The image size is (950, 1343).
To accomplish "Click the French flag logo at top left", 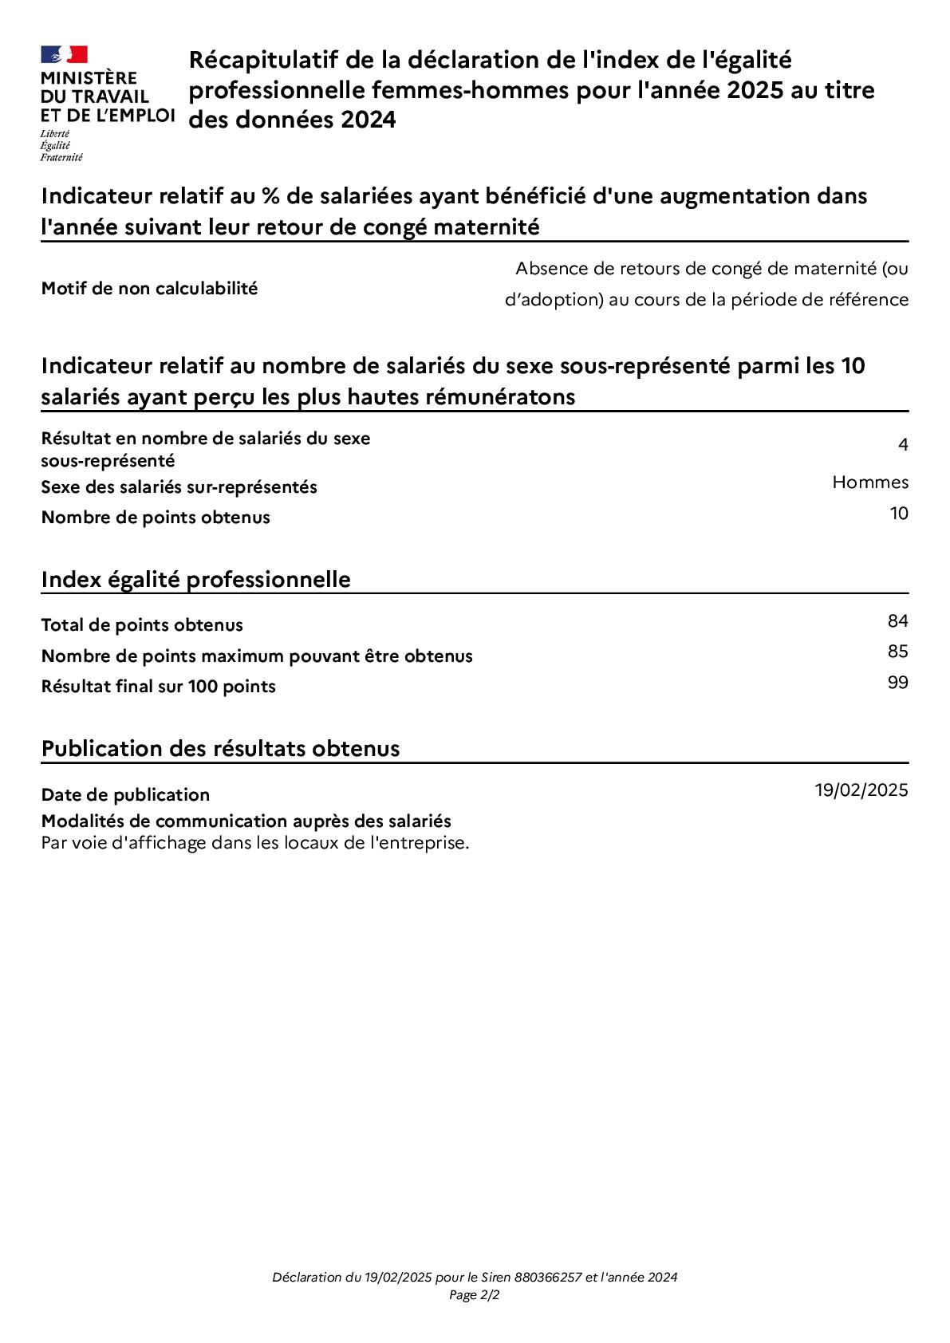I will [64, 54].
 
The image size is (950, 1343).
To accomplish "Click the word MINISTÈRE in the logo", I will [89, 78].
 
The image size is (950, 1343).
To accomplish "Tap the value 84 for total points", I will [897, 621].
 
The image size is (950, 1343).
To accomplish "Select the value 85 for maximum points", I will [897, 652].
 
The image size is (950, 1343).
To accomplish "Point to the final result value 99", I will [897, 683].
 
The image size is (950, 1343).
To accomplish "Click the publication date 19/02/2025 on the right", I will [861, 790].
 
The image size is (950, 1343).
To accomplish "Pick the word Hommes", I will [869, 482].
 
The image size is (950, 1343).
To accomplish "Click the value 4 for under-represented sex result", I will [903, 445].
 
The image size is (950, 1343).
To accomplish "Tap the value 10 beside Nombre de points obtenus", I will [899, 514].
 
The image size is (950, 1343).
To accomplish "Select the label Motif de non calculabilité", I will [149, 289].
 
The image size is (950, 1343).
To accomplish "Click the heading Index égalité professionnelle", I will [195, 579].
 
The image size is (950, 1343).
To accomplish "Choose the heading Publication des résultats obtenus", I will [220, 749].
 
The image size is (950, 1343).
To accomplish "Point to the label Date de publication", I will [125, 795].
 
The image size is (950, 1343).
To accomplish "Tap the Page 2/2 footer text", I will [475, 1295].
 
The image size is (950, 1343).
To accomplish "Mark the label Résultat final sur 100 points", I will [158, 687].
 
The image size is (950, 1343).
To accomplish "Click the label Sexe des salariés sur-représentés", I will [179, 487].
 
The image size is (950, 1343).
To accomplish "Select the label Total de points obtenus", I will [142, 625].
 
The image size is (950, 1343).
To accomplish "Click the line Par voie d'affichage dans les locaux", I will [254, 843].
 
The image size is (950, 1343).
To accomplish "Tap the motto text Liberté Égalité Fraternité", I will [61, 146].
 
